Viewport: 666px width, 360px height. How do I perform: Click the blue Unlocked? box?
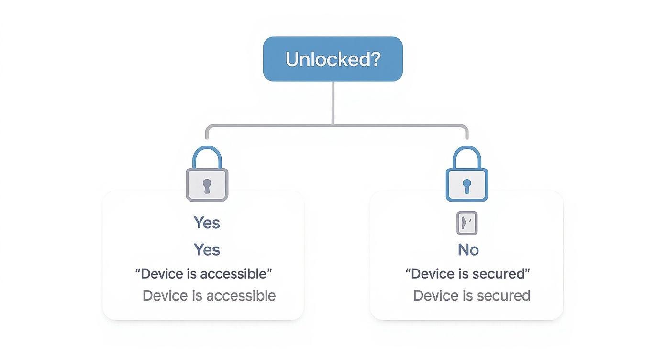(x=333, y=59)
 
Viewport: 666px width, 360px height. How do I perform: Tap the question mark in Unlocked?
(x=375, y=59)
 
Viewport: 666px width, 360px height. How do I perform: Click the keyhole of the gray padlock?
(x=207, y=186)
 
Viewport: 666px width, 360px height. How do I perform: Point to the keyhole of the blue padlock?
(x=466, y=186)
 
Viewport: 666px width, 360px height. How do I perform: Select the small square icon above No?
(x=467, y=223)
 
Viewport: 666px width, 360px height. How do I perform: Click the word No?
(x=468, y=249)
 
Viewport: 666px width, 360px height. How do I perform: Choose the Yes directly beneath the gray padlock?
(x=207, y=223)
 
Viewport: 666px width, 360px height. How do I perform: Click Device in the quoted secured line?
(x=433, y=274)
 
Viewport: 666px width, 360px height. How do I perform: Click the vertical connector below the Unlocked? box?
(x=333, y=103)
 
